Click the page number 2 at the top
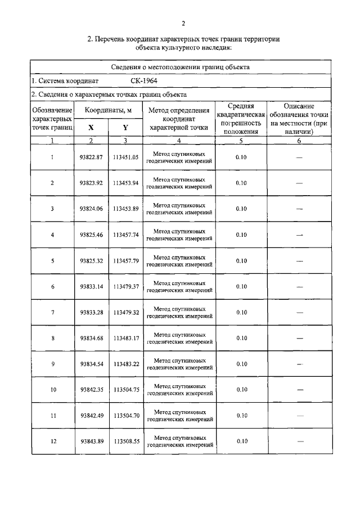coord(183,23)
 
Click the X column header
coord(91,127)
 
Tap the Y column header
coord(125,127)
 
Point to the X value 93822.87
coord(91,157)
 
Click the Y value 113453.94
coord(125,183)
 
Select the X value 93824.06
coord(91,209)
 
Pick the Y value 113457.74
coord(125,235)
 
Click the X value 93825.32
coord(91,260)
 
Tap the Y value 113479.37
coord(125,286)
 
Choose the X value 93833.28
coord(91,312)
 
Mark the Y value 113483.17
coord(125,338)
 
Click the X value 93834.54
coord(91,364)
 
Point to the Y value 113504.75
coord(125,390)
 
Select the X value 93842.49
coord(91,416)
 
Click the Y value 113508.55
coord(125,442)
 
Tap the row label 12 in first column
coord(53,442)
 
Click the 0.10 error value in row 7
coord(241,312)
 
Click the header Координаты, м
coord(108,111)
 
